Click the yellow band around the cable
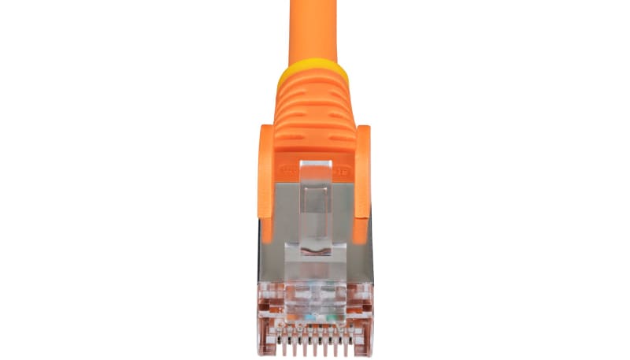[x=313, y=75]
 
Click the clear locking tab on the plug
[x=315, y=205]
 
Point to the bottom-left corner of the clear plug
[x=261, y=351]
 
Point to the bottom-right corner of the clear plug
[x=369, y=351]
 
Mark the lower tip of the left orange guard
[x=267, y=236]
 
